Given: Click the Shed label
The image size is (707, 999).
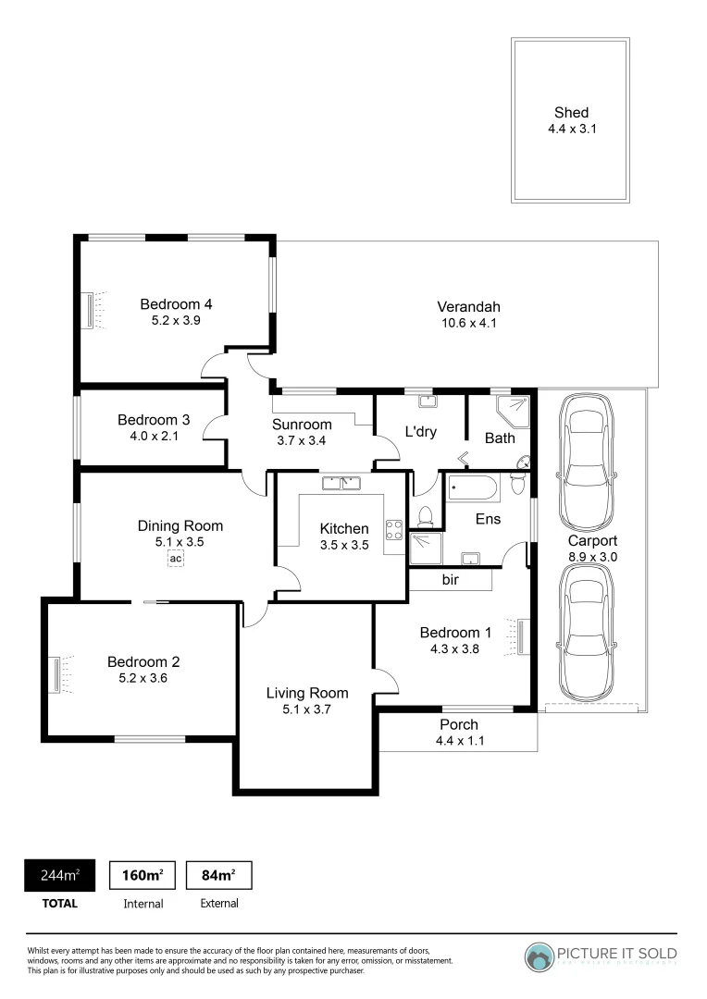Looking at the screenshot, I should coord(571,113).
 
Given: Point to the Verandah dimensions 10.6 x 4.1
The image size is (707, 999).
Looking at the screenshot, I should coord(469,324).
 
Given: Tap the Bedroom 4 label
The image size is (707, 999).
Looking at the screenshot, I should coord(177,303).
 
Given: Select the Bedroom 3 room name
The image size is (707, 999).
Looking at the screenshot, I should coord(154,420).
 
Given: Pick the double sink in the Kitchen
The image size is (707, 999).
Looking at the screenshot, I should coord(341,483).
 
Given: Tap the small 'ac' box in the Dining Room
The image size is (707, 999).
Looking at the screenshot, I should coord(176,558).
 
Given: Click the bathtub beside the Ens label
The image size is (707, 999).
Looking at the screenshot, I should coord(472,487).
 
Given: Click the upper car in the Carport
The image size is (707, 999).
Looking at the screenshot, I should coord(587,446).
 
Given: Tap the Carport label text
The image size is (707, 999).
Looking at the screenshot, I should coord(592,541).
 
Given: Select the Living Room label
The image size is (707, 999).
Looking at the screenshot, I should coord(307,693).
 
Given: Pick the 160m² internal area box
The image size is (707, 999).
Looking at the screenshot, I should coord(143,875).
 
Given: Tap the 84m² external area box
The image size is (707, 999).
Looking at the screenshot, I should coord(219,875).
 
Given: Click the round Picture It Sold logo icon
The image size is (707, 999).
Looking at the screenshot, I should coord(540,956).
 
